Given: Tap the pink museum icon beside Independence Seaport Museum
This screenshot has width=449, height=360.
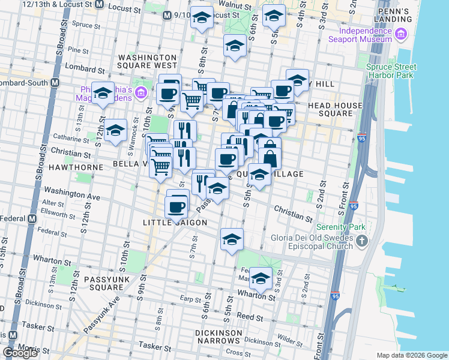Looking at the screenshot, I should pos(397,38).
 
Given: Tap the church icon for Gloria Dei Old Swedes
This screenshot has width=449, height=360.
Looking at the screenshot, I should pos(361,241).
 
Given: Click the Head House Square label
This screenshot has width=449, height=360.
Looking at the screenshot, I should pos(335,109).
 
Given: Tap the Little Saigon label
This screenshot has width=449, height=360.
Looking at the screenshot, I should pos(175,223).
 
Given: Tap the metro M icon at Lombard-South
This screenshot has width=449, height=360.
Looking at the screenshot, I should pos(55,82).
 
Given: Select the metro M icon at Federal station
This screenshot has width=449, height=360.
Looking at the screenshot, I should pos(31,219).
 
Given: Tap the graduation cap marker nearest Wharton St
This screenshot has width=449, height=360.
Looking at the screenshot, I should pos(261,278).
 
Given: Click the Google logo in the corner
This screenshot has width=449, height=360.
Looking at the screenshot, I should pos(20,353).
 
